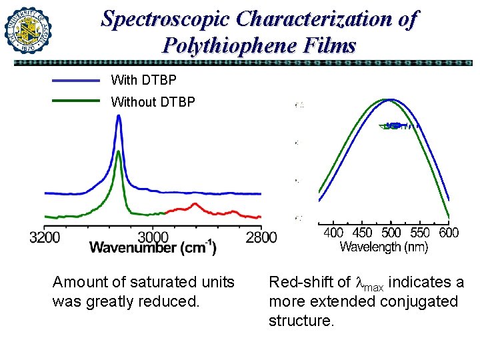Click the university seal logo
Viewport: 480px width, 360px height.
(x=28, y=29)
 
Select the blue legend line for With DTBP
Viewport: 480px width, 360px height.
(x=75, y=80)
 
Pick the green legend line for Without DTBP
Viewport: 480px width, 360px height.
(x=75, y=102)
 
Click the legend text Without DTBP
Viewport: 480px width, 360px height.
(x=153, y=102)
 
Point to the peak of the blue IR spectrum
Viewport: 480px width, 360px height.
(x=119, y=116)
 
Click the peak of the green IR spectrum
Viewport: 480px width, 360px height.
(x=118, y=152)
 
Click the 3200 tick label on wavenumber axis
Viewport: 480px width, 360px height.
(x=45, y=236)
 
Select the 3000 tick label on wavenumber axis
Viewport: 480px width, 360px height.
(x=153, y=236)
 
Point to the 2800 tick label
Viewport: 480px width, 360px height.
(x=261, y=236)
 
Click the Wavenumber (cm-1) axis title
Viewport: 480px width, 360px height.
(x=153, y=248)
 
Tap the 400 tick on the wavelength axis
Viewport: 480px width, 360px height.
(x=333, y=233)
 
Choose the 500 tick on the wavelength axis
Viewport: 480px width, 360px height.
(x=391, y=233)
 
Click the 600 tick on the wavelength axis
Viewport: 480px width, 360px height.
(x=449, y=233)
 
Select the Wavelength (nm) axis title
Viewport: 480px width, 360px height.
(x=384, y=247)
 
